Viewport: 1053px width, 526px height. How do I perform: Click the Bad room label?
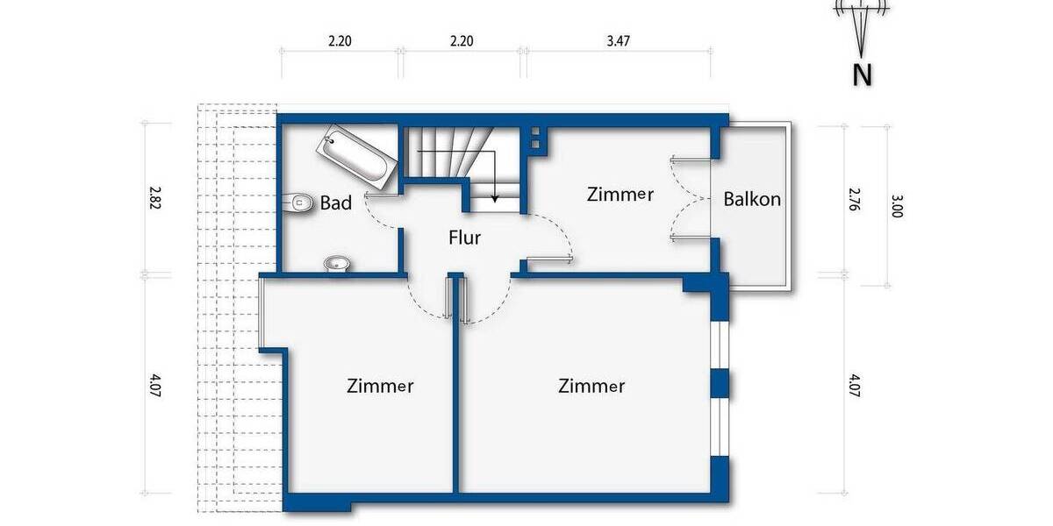335,203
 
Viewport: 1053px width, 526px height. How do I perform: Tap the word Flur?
464,237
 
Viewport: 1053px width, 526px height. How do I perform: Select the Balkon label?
752,199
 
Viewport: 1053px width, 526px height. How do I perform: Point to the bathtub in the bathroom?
357,159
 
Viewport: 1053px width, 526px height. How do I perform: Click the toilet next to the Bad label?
300,203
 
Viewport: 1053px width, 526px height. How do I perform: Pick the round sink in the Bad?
336,263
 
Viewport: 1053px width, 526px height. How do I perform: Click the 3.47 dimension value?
619,40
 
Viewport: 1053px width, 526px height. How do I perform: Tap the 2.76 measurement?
850,199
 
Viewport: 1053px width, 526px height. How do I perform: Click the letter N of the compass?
863,75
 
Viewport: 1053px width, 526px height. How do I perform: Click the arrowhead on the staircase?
495,198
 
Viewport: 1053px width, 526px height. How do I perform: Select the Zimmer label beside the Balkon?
620,195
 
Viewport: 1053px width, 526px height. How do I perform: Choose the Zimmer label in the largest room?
591,385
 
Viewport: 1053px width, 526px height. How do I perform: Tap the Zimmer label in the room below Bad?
380,385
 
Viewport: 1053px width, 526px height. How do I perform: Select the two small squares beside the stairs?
534,137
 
